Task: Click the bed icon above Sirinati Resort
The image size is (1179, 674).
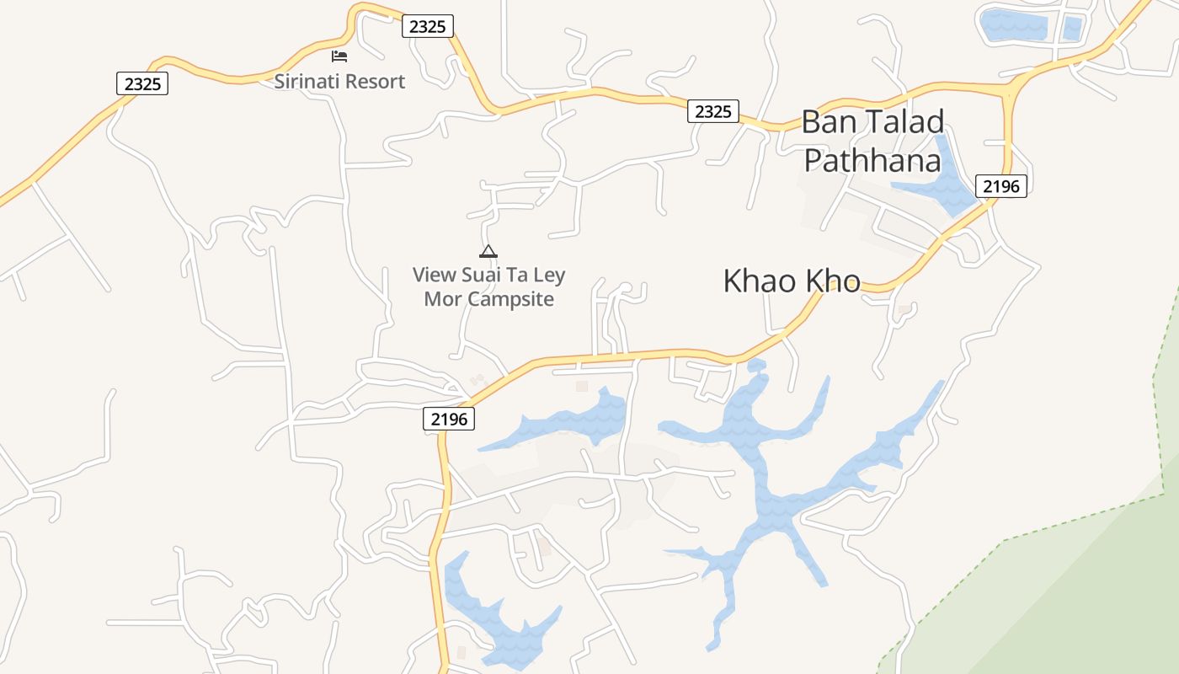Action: [339, 56]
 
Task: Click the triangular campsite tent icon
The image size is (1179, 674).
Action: [488, 251]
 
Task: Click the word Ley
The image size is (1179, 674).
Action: [549, 275]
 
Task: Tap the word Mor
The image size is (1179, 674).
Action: [442, 299]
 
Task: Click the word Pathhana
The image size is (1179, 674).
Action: [872, 159]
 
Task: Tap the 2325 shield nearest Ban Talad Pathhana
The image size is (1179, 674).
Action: [712, 111]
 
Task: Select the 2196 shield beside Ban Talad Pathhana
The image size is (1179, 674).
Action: [1001, 186]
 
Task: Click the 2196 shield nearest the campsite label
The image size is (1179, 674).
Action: [449, 419]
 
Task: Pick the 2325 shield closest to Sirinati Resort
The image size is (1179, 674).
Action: [427, 26]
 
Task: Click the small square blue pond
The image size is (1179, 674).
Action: [1071, 28]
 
